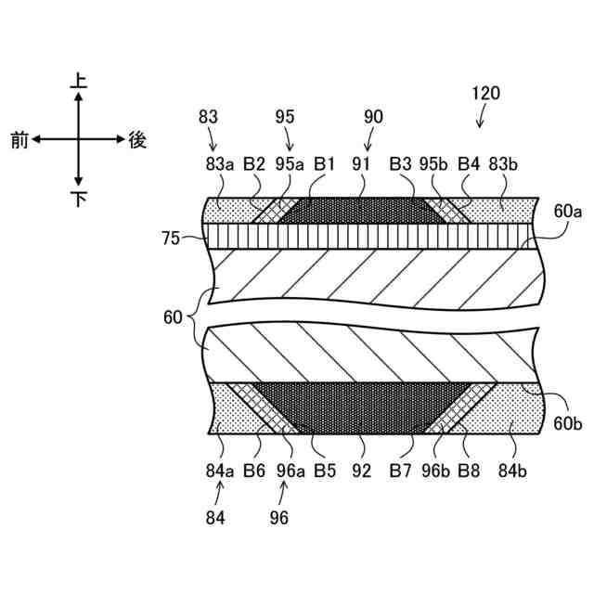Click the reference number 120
(485, 93)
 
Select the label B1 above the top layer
(324, 163)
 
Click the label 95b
(434, 163)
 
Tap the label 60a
(567, 212)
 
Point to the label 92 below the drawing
(361, 471)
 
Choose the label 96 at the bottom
(279, 517)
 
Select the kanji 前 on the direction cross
(19, 140)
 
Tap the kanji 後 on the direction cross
(137, 140)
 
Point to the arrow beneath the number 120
(481, 117)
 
